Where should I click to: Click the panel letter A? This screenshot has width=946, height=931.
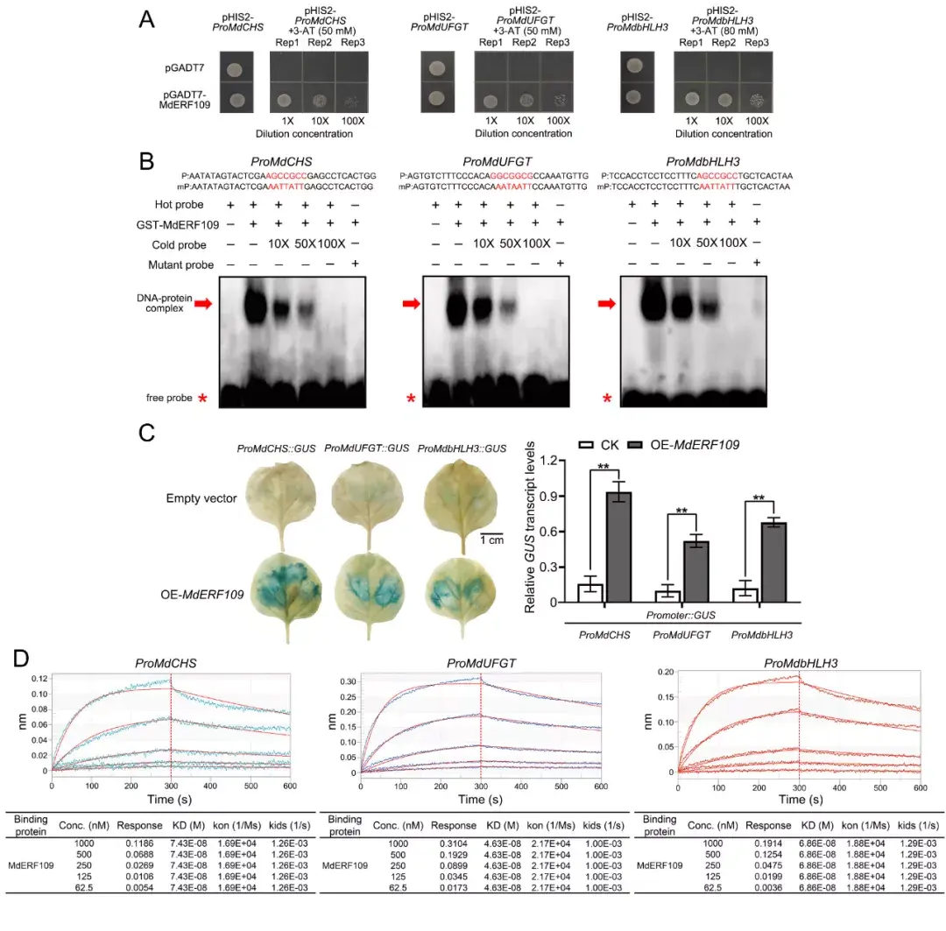click(x=149, y=19)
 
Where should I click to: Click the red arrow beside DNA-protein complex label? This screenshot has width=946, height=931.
click(x=203, y=304)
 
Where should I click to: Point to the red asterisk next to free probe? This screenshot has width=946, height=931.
click(x=203, y=399)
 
